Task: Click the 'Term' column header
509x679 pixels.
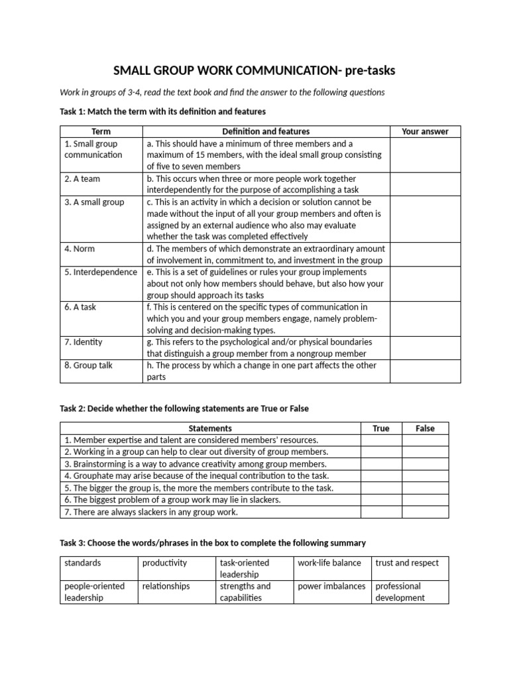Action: [101, 131]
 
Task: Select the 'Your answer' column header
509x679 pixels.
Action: [425, 131]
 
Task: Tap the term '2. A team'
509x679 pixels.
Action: [82, 178]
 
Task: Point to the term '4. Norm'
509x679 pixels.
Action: [80, 249]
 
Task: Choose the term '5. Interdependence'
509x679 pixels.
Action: [101, 272]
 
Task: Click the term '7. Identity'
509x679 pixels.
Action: [84, 342]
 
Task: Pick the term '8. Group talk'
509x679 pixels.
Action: [89, 365]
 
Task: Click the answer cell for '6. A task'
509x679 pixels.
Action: [425, 318]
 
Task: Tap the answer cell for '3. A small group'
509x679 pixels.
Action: [425, 219]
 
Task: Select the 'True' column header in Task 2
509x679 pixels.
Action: [381, 428]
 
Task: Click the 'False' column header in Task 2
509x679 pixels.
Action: [425, 428]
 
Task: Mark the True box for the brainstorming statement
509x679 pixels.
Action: [381, 464]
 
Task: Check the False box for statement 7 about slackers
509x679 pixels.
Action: [425, 512]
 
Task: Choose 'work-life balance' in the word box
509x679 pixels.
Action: [329, 563]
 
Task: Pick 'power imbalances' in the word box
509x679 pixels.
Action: [331, 586]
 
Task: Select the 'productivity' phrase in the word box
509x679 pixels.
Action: [164, 563]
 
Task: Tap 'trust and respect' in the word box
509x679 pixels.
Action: [407, 563]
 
